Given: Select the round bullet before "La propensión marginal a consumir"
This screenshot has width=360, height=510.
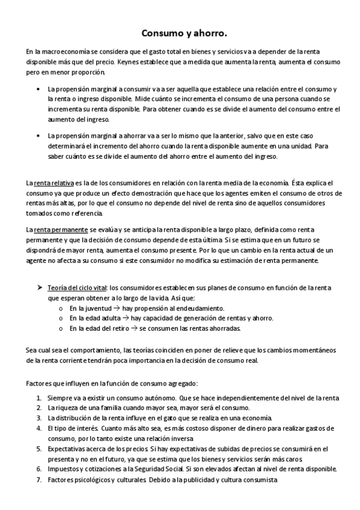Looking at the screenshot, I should click(38, 89).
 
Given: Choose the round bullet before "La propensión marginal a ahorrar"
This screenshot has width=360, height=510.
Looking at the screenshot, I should click(38, 136).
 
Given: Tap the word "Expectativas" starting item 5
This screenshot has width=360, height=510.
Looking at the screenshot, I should click(66, 449).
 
